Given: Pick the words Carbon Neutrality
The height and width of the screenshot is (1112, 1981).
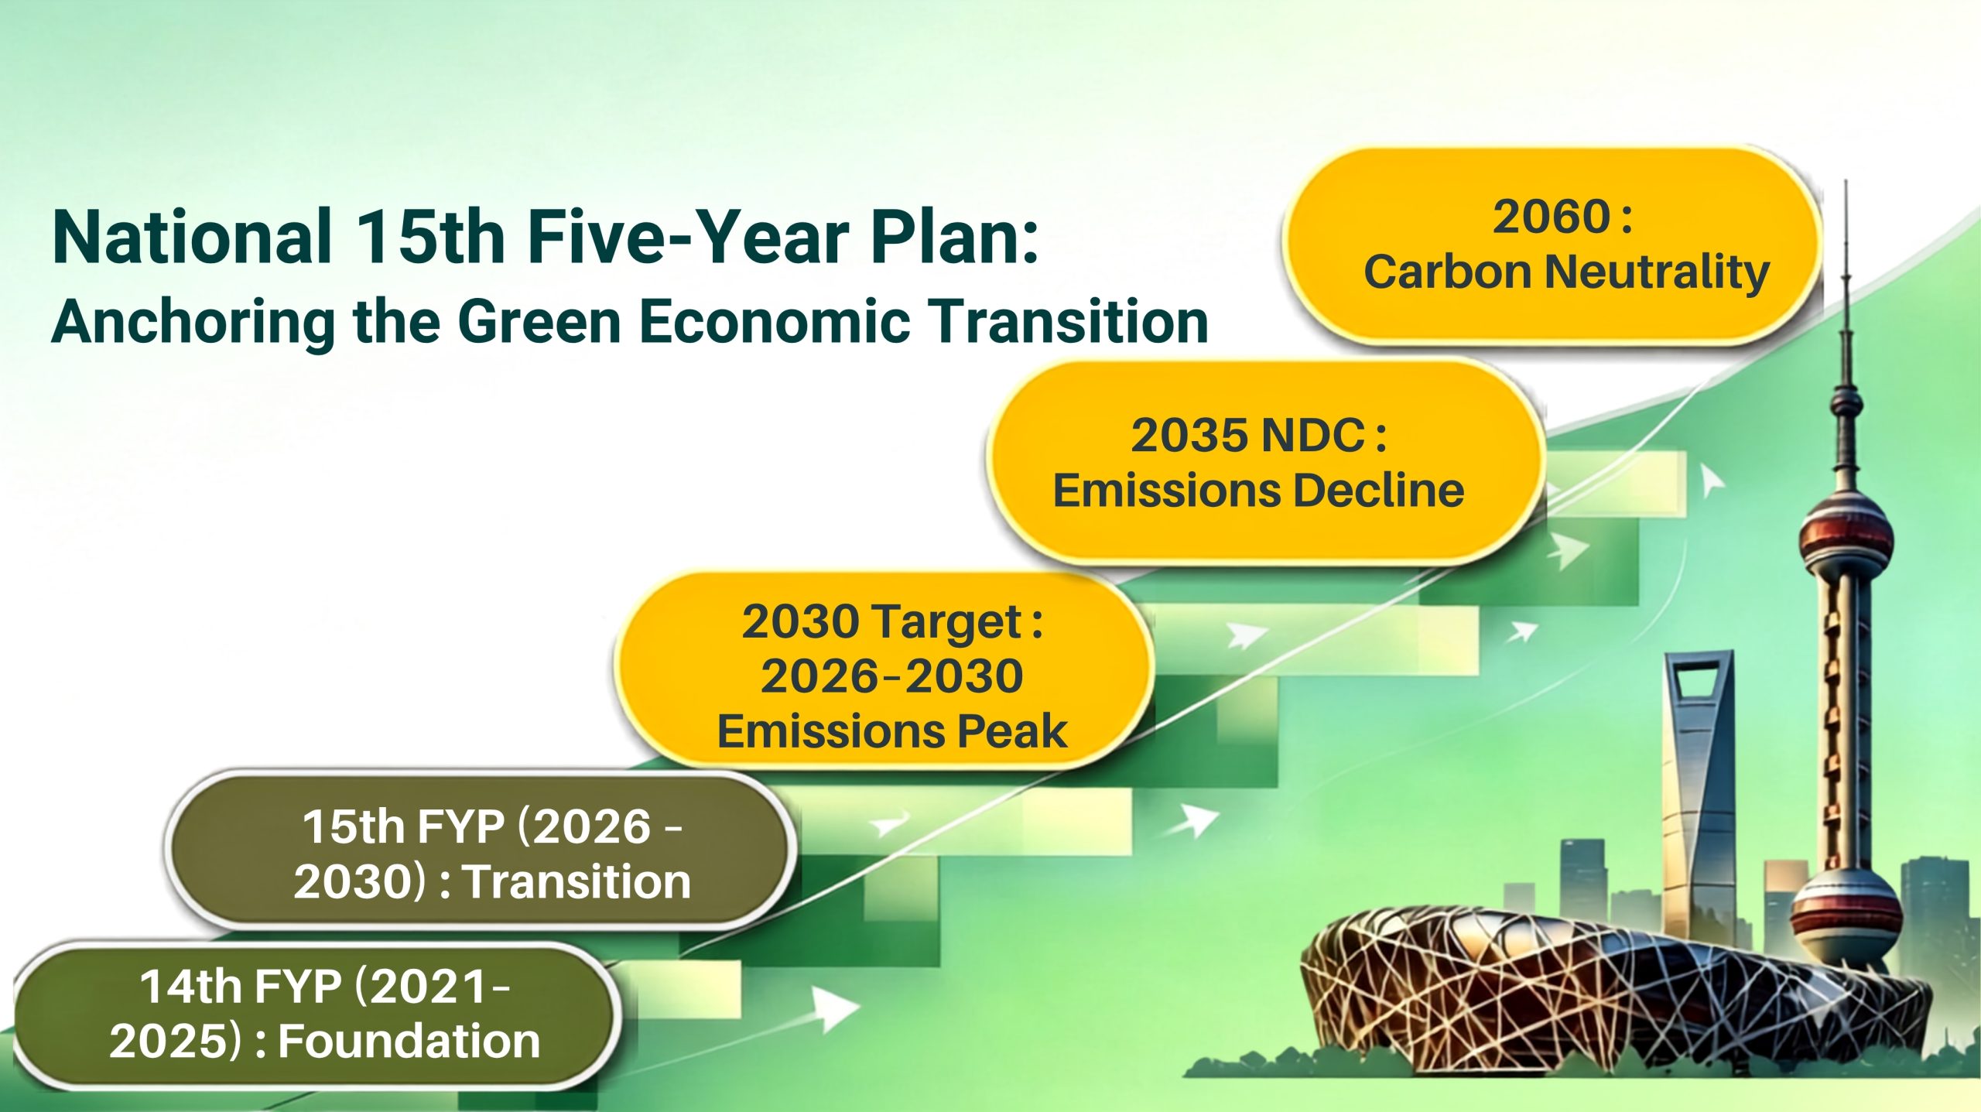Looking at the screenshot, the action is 1566,272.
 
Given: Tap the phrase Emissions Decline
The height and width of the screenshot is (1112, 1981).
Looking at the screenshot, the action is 1258,491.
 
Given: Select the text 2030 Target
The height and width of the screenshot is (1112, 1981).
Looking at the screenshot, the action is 882,623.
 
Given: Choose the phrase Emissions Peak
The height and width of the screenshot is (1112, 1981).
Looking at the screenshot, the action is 892,731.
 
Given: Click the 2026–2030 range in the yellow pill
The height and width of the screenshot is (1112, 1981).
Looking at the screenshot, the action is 891,676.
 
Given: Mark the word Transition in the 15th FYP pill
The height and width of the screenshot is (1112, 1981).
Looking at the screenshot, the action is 577,881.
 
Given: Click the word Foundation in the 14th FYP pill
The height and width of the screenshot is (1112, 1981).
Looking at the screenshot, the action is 409,1041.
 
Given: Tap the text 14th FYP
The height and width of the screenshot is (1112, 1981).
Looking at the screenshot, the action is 241,987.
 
